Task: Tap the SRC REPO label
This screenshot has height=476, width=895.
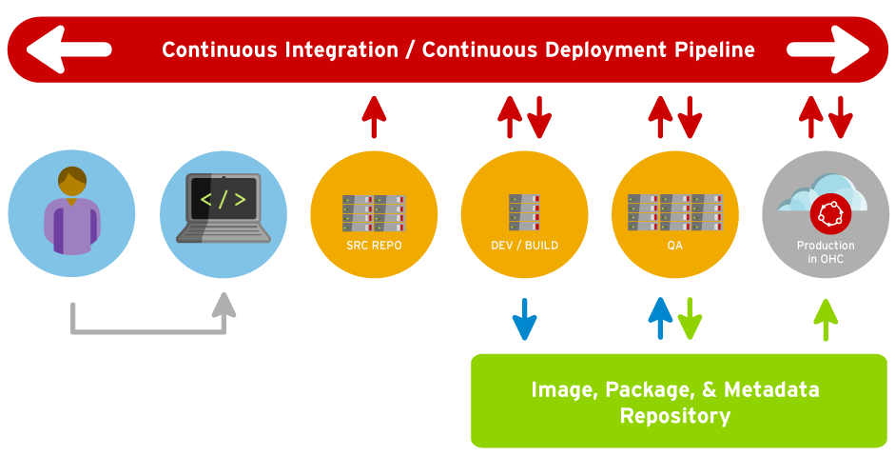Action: (x=374, y=245)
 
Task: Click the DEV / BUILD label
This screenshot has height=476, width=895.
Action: (x=524, y=245)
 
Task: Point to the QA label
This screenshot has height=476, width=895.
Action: (x=674, y=245)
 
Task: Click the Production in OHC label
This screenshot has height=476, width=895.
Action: (x=826, y=251)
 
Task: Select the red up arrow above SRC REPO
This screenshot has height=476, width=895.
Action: (x=374, y=116)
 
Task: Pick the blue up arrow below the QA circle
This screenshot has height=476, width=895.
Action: (x=660, y=318)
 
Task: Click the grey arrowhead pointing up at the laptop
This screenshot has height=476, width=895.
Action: (x=223, y=305)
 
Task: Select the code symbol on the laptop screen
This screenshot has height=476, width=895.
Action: (x=223, y=200)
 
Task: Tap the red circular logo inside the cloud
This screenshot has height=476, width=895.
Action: (x=827, y=214)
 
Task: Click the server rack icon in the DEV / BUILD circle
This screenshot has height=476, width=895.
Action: (x=524, y=211)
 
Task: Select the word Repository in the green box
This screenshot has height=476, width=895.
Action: (x=674, y=416)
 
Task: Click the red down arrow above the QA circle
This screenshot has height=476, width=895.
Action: (x=690, y=116)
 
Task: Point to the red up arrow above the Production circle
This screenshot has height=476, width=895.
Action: (x=810, y=116)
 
